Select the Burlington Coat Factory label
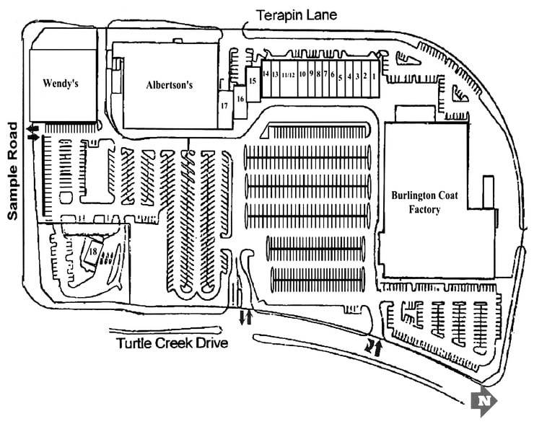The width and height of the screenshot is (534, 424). (420, 202)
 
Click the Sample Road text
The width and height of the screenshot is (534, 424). (12, 172)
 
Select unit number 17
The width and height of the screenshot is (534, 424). (224, 105)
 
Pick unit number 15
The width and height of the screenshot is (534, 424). (252, 80)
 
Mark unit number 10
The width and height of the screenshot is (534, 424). (303, 74)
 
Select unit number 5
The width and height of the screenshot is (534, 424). (340, 76)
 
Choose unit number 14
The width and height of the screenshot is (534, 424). (266, 74)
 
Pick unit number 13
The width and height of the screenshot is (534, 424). (275, 74)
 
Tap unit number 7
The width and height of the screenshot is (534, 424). (325, 74)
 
